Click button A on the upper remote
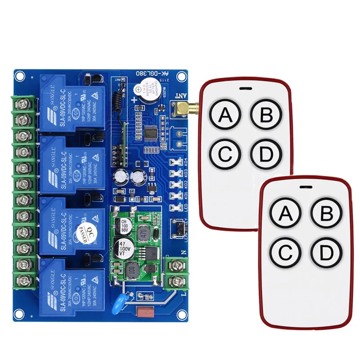(225, 116)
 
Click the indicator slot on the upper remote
(243, 88)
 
